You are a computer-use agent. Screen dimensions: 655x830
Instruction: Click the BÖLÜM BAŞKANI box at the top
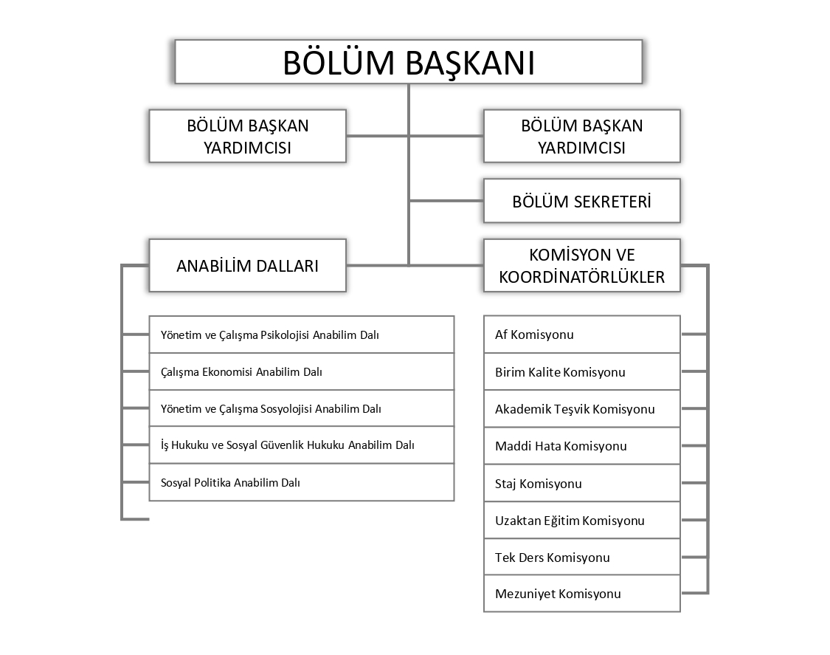(408, 62)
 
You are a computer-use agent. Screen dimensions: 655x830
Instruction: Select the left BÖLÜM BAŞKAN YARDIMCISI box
(247, 136)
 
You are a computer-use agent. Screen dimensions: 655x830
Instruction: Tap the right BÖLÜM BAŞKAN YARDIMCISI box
(581, 136)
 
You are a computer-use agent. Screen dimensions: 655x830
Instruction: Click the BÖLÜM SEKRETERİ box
(581, 201)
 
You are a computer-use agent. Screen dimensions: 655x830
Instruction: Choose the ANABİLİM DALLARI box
(247, 265)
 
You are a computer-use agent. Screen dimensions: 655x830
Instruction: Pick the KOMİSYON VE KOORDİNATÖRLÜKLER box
(581, 265)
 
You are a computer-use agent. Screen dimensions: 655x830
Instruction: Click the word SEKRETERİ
(612, 201)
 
